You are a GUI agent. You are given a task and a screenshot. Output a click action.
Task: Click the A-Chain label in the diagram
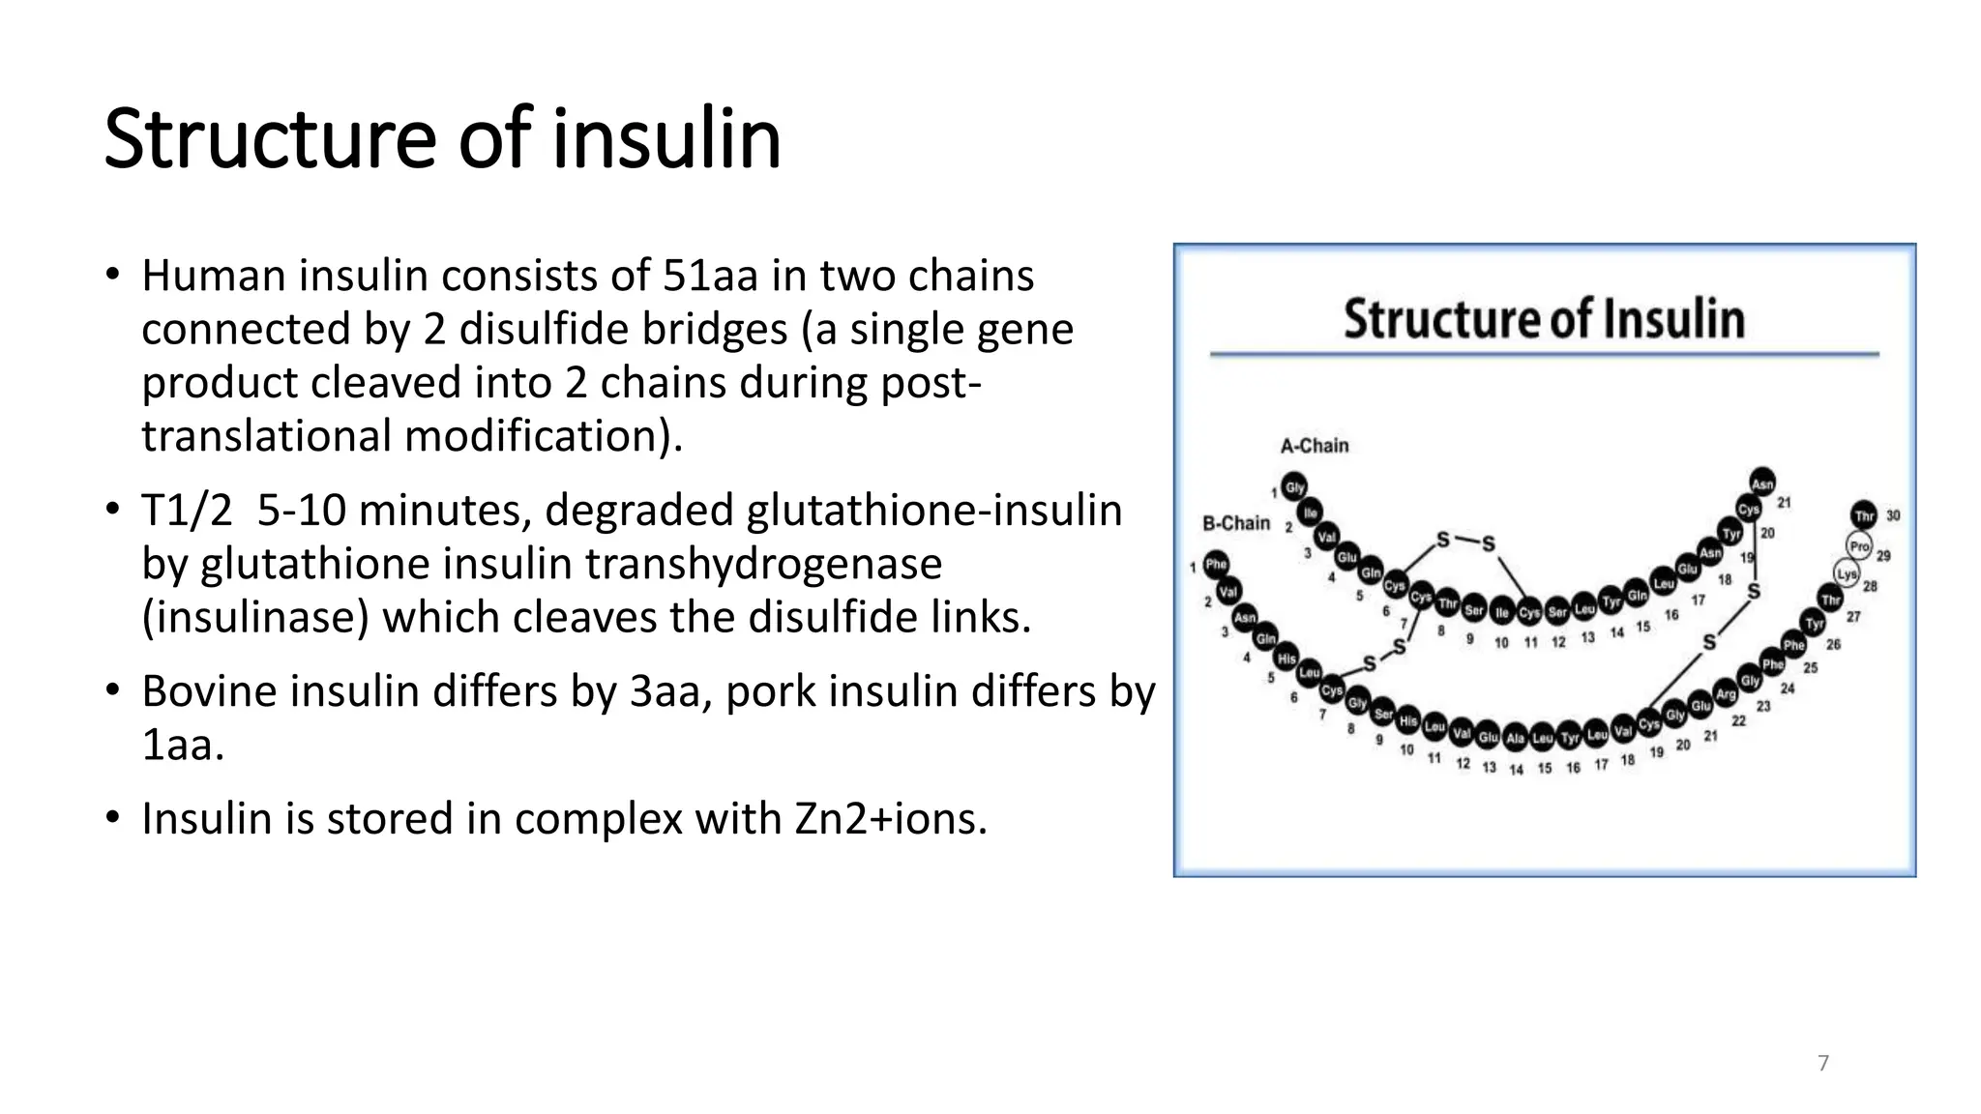pyautogui.click(x=1314, y=446)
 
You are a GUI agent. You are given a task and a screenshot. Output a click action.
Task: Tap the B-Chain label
pyautogui.click(x=1235, y=523)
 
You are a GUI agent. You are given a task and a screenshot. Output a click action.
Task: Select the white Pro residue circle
pyautogui.click(x=1859, y=546)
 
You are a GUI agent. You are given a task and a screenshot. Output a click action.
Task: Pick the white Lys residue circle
pyautogui.click(x=1847, y=573)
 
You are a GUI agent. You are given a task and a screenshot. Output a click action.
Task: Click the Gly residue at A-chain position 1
pyautogui.click(x=1294, y=487)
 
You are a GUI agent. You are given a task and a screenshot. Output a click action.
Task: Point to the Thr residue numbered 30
pyautogui.click(x=1864, y=515)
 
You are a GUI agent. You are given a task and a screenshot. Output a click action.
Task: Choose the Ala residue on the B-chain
pyautogui.click(x=1515, y=739)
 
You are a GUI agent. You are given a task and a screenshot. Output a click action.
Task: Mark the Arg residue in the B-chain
pyautogui.click(x=1726, y=693)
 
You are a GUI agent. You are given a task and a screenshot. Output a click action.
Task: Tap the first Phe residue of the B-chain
pyautogui.click(x=1216, y=565)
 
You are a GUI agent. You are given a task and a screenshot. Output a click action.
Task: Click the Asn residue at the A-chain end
pyautogui.click(x=1762, y=484)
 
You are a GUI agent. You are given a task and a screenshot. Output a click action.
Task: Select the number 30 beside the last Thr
pyautogui.click(x=1893, y=515)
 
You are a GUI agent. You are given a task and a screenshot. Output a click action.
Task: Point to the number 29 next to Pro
pyautogui.click(x=1883, y=556)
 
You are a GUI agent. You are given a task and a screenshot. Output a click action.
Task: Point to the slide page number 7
pyautogui.click(x=1823, y=1064)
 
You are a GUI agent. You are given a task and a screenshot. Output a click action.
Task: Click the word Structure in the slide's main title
pyautogui.click(x=270, y=139)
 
